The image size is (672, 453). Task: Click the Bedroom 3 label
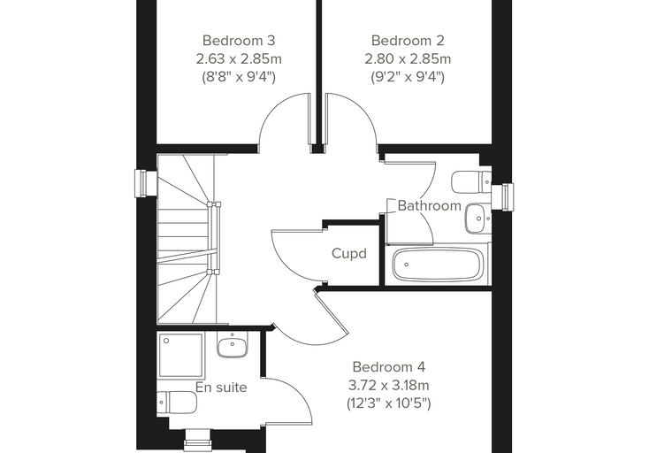point(239,41)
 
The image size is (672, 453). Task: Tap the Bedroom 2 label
point(408,41)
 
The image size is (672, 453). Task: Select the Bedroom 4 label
point(389,367)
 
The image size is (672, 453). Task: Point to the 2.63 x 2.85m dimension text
point(239,58)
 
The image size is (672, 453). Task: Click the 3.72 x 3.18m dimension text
point(389,385)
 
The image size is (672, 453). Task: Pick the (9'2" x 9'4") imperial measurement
point(408,77)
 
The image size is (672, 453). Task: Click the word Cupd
point(349,254)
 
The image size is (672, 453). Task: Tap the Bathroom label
point(430,206)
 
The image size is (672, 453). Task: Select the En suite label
point(221,388)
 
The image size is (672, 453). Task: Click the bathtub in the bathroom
point(438,264)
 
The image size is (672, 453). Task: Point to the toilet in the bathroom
point(471,182)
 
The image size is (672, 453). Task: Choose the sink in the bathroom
point(477,219)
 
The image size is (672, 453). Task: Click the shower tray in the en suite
point(181,355)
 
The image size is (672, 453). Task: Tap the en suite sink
point(233,344)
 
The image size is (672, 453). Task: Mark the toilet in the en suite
point(177,403)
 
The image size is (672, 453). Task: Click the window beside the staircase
point(146,184)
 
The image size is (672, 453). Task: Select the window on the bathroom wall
point(502,197)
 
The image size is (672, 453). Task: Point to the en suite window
point(197,441)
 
